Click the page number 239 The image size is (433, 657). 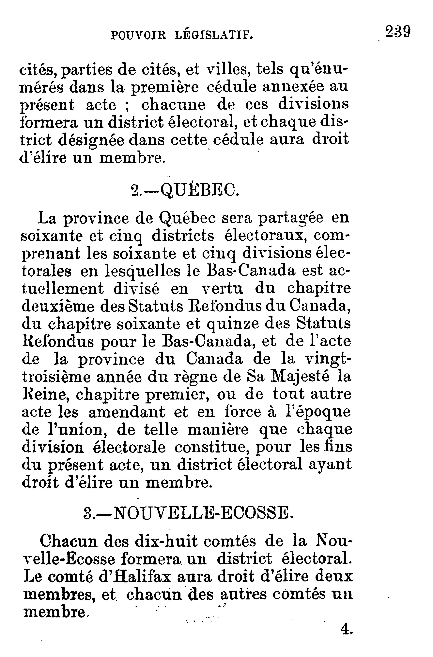pos(398,32)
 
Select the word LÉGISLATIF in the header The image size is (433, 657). pos(214,35)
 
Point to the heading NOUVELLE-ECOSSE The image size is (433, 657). pos(202,512)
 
